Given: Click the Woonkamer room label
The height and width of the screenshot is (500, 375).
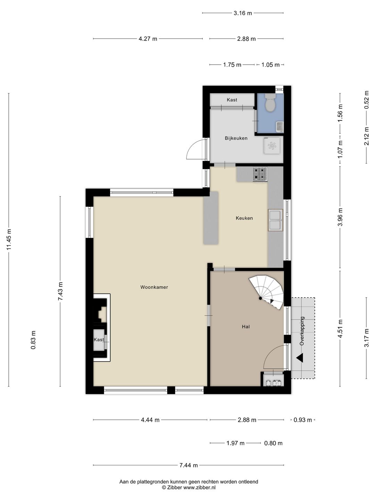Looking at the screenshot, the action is (x=154, y=287).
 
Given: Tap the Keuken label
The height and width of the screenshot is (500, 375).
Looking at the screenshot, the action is (x=244, y=218).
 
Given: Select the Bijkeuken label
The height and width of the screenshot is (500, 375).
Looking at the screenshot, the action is (x=236, y=138).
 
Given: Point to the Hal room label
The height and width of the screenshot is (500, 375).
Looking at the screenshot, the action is (x=246, y=327).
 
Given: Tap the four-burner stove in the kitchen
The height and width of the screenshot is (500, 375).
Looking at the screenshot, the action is (x=260, y=174).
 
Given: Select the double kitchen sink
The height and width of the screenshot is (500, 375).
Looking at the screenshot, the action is (x=275, y=220).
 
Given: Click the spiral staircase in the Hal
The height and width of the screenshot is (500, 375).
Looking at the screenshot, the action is (x=267, y=292).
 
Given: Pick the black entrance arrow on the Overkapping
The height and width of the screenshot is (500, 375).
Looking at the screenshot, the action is (x=300, y=358).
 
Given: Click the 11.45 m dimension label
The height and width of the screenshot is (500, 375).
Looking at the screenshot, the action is (x=9, y=239).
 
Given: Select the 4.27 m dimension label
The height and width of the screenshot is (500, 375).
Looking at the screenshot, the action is (x=148, y=39).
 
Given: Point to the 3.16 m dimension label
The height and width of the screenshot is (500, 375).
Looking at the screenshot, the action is (x=243, y=13).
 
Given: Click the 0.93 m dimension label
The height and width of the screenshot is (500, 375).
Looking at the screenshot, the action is (x=302, y=420).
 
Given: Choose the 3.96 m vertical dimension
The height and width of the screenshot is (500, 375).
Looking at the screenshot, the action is (x=340, y=217).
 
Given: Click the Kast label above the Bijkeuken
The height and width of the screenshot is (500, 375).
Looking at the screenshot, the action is (x=232, y=100).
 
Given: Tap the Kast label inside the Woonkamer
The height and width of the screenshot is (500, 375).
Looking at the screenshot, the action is (x=99, y=340).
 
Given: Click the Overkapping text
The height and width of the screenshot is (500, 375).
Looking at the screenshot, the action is (x=302, y=331).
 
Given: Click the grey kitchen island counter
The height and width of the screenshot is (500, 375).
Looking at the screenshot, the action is (x=211, y=218).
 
